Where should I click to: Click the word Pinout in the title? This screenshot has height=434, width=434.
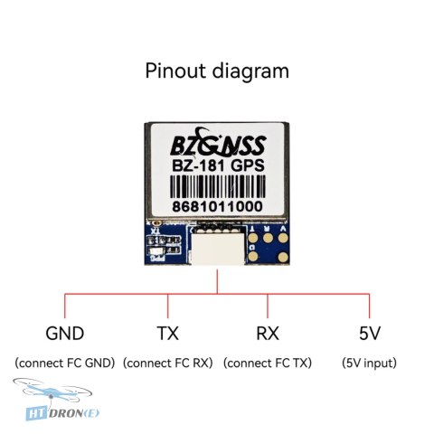tap(176, 71)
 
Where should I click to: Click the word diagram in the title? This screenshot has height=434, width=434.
tap(250, 72)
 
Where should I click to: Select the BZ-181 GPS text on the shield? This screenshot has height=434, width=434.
tap(218, 165)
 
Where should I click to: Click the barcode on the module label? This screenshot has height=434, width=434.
tap(218, 186)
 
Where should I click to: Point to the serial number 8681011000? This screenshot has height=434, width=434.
tap(217, 207)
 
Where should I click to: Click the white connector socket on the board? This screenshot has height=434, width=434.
tap(218, 247)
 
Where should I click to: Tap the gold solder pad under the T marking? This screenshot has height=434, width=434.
tap(253, 239)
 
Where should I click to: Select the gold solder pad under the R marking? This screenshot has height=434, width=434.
tap(268, 238)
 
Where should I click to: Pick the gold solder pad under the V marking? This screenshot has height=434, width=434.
tap(283, 238)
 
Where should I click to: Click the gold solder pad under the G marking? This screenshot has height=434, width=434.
tap(253, 257)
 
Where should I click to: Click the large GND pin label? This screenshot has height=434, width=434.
tap(65, 334)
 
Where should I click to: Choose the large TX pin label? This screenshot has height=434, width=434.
tap(168, 334)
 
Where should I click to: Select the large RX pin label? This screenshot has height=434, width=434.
tap(268, 334)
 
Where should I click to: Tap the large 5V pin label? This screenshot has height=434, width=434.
tap(370, 334)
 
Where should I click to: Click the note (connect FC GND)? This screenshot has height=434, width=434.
tap(65, 363)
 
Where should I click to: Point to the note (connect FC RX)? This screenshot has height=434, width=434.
tap(168, 363)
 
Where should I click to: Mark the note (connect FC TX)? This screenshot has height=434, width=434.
tap(268, 363)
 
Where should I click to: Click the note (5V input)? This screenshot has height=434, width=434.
tap(369, 363)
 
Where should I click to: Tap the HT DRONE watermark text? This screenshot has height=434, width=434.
tap(62, 413)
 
